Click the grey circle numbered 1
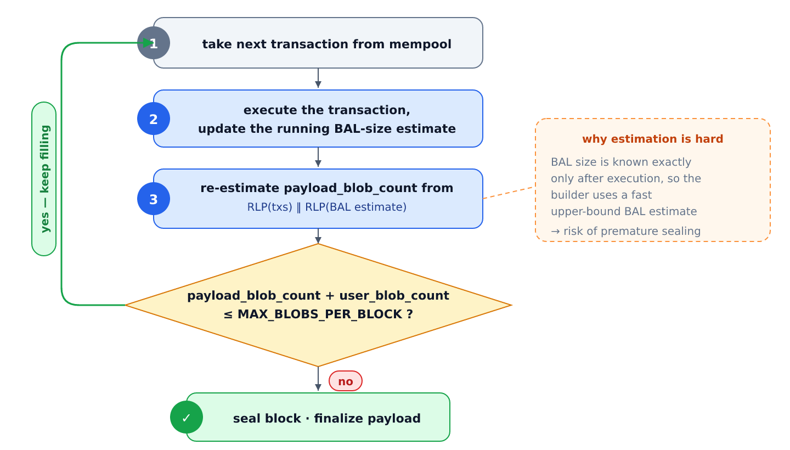154,43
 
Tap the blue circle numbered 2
154,119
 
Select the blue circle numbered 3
154,199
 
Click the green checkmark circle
187,417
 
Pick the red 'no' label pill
346,381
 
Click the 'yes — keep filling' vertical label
44,179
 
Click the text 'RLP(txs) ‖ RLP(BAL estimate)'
326,207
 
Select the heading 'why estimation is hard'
652,139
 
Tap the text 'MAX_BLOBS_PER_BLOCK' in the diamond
320,314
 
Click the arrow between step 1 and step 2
318,78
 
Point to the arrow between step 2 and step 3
318,157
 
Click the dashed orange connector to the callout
508,193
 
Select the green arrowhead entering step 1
148,43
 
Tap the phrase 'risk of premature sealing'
632,232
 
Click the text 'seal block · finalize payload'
326,419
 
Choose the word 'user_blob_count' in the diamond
394,296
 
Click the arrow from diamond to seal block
318,379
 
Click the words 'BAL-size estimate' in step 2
395,129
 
